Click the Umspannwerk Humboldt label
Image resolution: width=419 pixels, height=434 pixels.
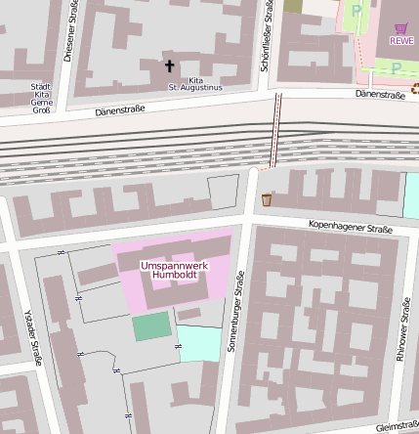coord(176,270)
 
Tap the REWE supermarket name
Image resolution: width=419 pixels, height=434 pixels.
coord(401,40)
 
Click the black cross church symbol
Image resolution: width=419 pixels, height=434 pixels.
coord(169,66)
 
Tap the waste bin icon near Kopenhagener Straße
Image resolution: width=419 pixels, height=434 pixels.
coord(267,200)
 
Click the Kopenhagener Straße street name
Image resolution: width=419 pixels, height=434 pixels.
coord(351,229)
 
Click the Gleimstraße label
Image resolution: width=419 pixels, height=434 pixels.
coord(395,425)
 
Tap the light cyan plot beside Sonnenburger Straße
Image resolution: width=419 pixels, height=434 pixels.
coord(199,343)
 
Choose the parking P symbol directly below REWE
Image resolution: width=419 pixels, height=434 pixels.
coord(397,67)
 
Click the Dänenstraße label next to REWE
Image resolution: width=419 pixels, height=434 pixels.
coord(380,95)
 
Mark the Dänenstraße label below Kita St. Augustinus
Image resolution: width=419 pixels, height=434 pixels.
coord(120,110)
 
